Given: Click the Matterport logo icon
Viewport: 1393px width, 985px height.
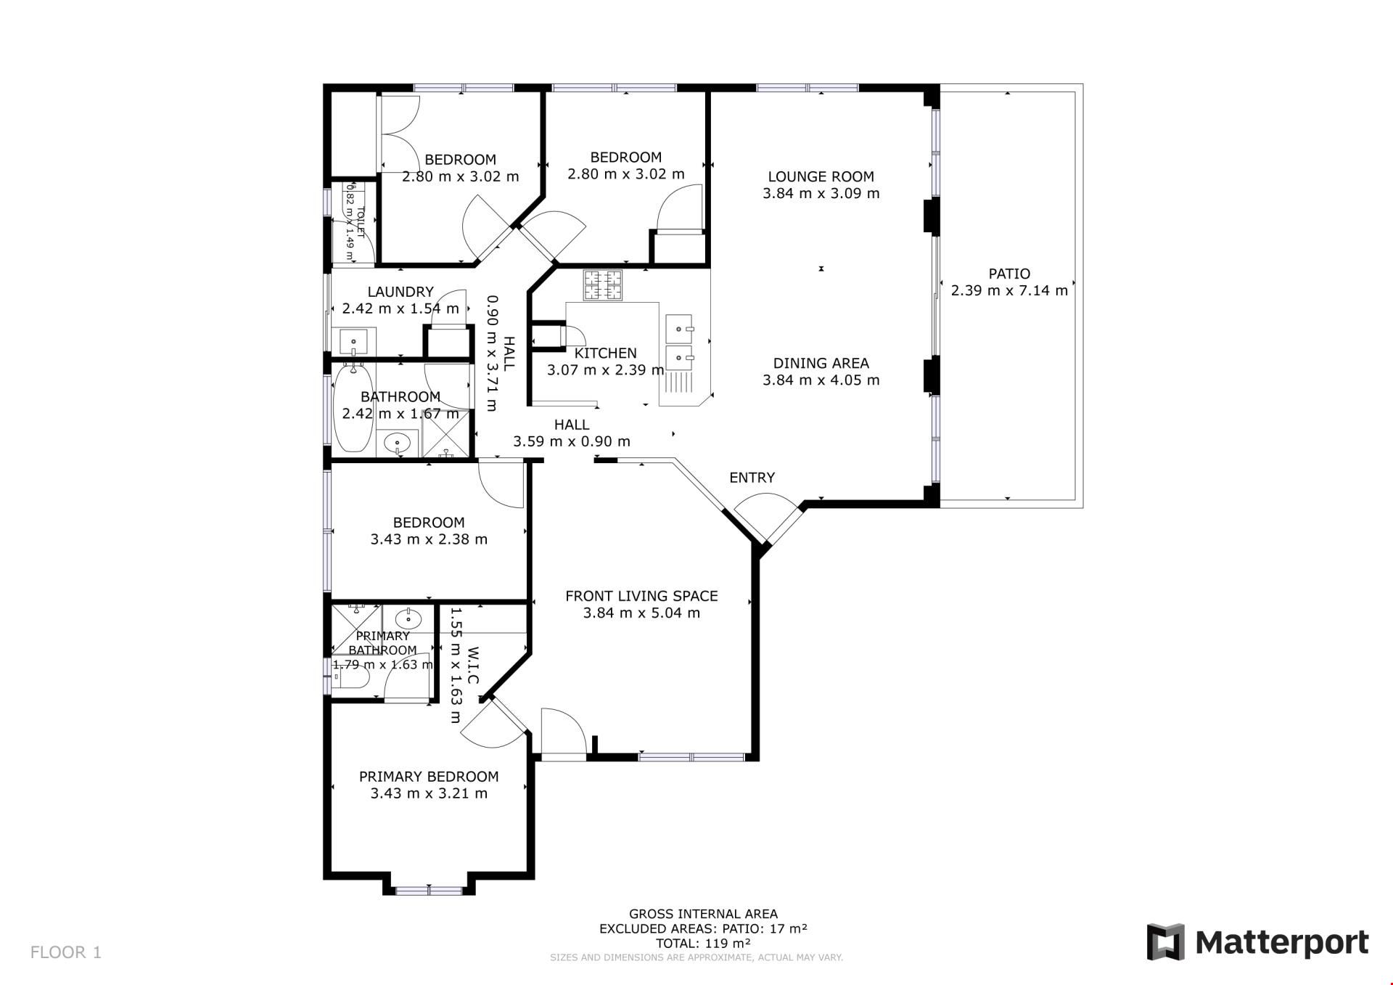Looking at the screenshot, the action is [1165, 942].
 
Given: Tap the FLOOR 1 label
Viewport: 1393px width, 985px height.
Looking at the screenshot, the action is [66, 952].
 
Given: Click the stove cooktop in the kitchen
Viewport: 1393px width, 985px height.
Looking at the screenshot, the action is [603, 285].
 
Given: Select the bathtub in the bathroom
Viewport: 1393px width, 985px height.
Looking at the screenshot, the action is [353, 409].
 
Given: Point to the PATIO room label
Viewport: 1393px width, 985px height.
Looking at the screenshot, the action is [1009, 274].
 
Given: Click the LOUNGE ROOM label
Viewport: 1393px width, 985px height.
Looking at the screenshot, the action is [821, 176].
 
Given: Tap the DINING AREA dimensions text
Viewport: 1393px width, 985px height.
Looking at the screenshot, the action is [821, 380].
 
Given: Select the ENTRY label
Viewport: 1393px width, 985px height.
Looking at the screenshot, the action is [752, 478].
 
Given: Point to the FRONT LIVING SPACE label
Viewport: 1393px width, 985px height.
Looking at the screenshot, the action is [641, 596].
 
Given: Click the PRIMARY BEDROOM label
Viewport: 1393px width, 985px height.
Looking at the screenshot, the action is [429, 777].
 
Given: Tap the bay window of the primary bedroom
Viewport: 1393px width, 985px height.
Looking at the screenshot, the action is [429, 890].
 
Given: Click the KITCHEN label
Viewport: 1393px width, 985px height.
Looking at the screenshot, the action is [606, 353].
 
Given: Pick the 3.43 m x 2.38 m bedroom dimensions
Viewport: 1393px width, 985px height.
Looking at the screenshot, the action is [429, 539].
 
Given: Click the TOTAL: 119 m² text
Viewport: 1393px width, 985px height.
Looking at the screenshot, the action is [703, 944].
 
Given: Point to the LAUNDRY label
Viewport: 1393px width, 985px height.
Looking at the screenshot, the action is [400, 292].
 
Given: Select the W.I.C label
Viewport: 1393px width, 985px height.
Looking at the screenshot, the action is [472, 666].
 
